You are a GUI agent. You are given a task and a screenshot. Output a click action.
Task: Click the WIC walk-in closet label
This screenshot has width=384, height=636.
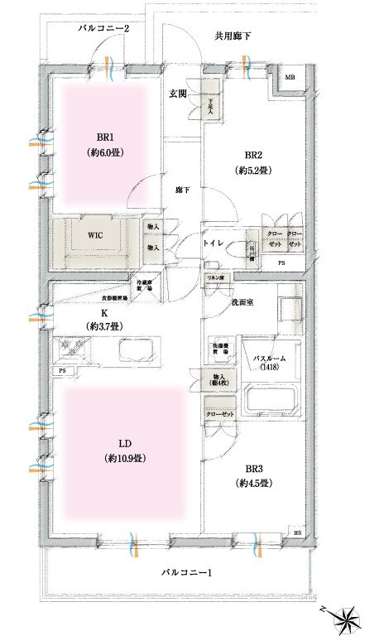95,234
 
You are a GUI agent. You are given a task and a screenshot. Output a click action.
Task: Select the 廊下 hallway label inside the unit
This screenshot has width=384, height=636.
183,190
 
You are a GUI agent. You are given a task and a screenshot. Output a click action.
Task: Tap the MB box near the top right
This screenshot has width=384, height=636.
290,78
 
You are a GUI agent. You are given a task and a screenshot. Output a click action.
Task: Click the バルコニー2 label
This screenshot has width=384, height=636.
104,29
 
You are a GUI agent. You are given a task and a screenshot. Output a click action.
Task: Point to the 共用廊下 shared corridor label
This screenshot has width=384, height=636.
234,36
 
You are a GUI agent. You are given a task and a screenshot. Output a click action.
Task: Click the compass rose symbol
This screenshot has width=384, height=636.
348,617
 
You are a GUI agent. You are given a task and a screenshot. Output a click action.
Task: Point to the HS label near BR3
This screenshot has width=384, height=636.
297,532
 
